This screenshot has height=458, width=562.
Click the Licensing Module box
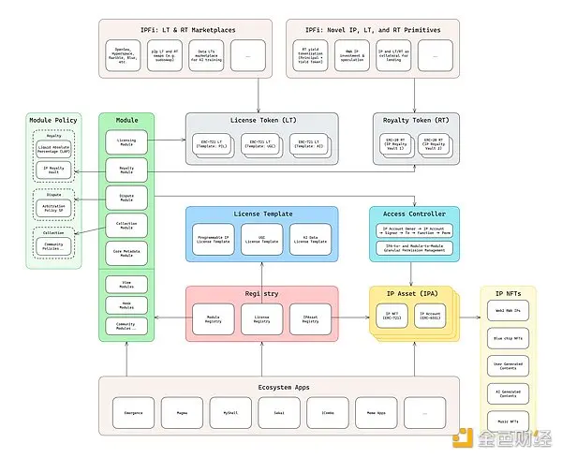coord(126,143)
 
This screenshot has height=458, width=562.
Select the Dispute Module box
coord(126,197)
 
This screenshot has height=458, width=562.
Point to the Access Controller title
coord(414,214)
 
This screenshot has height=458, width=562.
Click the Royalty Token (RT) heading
coord(414,120)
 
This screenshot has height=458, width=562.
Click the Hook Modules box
coord(126,305)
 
